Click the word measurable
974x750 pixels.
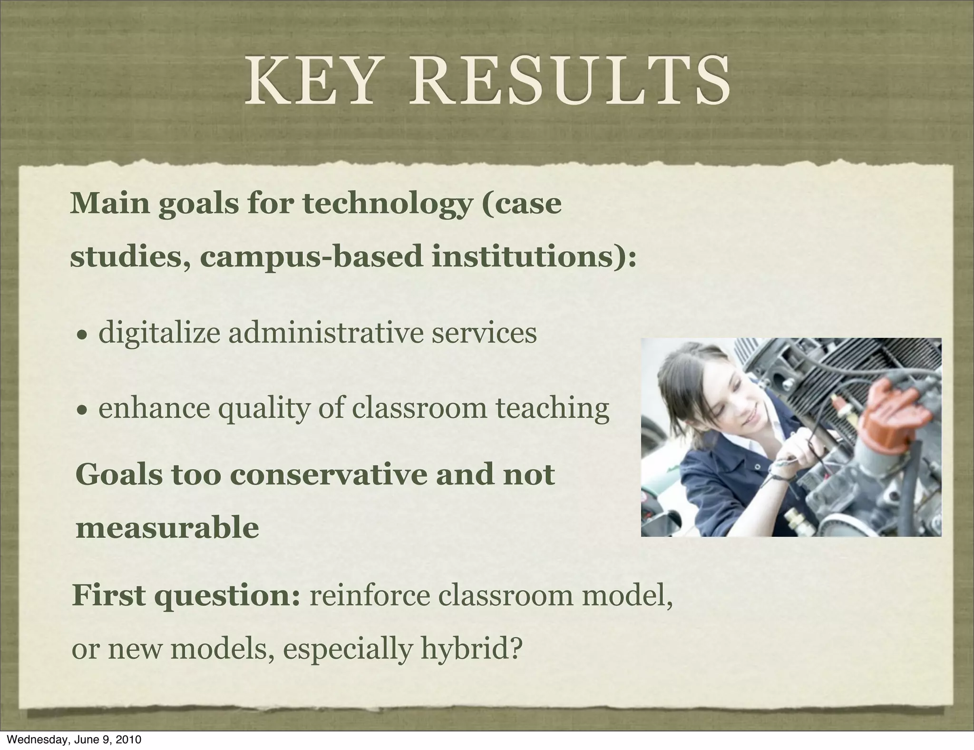click(x=167, y=528)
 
